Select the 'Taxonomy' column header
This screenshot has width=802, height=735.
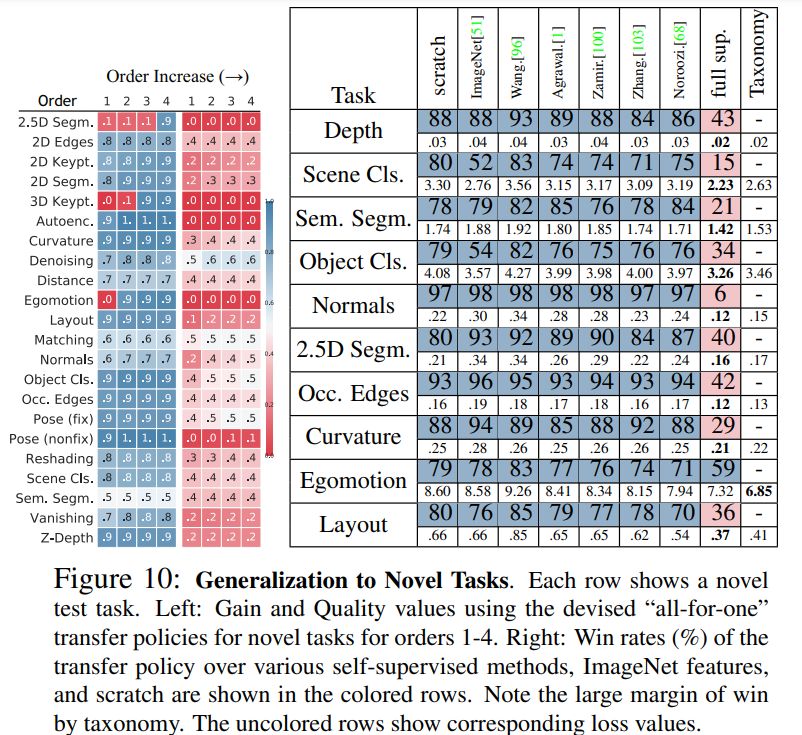pyautogui.click(x=760, y=53)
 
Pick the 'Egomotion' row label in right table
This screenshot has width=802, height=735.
pyautogui.click(x=353, y=481)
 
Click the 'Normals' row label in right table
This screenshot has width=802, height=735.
pyautogui.click(x=353, y=305)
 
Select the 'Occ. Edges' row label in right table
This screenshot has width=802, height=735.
pyautogui.click(x=353, y=393)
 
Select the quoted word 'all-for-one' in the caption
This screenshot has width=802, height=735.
pyautogui.click(x=676, y=608)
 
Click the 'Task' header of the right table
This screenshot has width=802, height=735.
pyautogui.click(x=353, y=96)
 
